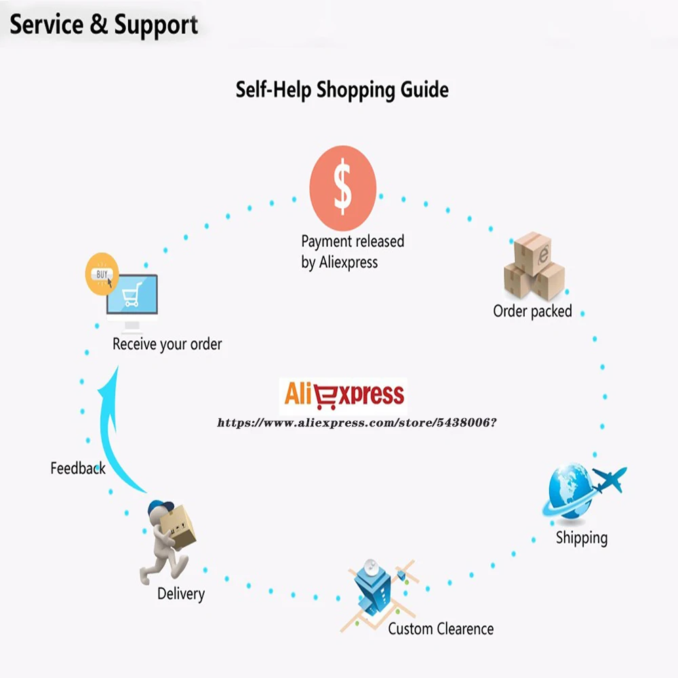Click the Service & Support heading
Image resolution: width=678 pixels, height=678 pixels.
click(104, 24)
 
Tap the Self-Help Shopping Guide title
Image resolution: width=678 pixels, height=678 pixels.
click(342, 90)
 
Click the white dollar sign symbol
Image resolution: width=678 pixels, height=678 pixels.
click(343, 186)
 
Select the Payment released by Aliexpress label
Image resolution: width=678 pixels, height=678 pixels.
click(353, 252)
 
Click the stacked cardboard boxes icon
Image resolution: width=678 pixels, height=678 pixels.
click(534, 266)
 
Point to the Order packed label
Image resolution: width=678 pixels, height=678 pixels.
click(532, 311)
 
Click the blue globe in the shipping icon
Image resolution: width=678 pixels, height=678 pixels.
click(570, 491)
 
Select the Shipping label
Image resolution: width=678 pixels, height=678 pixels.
click(582, 538)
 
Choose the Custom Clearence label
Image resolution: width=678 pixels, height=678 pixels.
click(441, 629)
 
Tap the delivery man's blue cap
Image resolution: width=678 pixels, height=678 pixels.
click(160, 506)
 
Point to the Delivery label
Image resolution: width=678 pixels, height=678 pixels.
click(181, 594)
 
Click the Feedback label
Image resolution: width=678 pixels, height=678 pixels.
click(78, 468)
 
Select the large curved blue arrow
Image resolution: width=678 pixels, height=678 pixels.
click(105, 437)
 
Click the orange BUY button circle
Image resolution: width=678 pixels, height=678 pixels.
click(102, 274)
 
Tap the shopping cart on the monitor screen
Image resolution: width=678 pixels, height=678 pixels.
click(132, 294)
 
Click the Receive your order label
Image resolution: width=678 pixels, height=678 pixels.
click(167, 344)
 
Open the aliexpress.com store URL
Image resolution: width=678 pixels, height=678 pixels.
click(357, 422)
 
